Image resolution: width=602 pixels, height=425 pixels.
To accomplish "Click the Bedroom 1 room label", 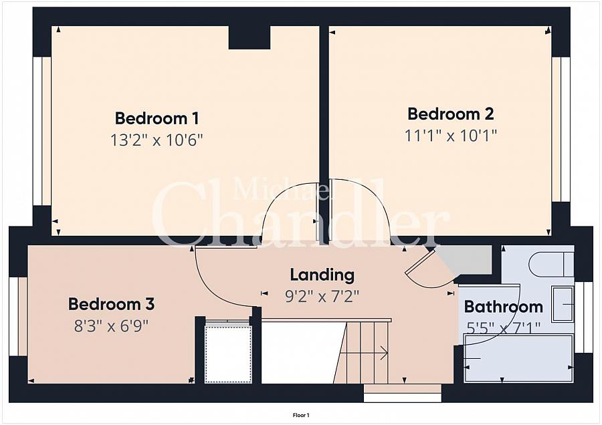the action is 157,118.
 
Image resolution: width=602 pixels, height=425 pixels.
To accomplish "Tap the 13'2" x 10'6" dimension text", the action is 157,140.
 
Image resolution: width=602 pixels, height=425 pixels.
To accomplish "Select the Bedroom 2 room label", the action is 451,114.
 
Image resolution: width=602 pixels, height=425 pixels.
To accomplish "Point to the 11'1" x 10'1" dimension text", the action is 451,136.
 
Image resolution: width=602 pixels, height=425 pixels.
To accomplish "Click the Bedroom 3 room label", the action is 111,304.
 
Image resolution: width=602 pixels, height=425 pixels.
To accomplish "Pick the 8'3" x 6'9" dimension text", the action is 111,326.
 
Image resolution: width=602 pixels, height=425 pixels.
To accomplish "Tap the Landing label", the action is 322,275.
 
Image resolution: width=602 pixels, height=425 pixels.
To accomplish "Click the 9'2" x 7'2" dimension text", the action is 322,297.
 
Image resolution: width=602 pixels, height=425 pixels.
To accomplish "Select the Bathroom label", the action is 503,307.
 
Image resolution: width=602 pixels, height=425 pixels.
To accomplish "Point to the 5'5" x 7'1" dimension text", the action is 503,328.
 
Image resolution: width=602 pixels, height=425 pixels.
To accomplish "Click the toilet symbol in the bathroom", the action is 551,264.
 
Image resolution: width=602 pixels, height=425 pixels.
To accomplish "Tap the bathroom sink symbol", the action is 563,304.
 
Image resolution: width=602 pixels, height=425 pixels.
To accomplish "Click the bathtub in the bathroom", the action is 519,359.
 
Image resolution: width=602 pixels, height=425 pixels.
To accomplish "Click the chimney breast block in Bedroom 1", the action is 249,37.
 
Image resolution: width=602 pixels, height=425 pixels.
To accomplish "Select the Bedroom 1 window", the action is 42,131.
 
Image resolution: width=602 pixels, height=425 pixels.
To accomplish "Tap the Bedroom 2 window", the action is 561,129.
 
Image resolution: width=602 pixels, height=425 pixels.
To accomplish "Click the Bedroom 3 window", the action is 18,317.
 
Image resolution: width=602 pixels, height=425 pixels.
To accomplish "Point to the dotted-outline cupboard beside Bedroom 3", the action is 228,354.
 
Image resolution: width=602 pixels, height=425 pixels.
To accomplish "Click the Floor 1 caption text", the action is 301,415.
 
